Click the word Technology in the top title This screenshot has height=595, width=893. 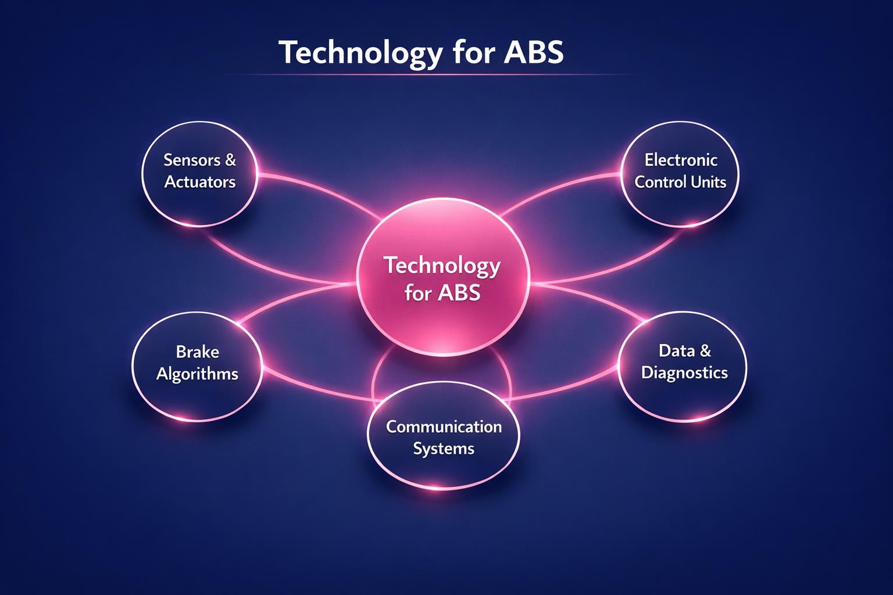(360, 53)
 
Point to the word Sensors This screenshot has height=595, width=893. (192, 160)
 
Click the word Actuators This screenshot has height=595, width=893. (200, 182)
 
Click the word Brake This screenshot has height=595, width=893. (197, 352)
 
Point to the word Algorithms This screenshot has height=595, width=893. (197, 374)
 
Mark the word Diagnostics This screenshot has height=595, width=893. (684, 372)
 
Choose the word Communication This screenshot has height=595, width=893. (444, 426)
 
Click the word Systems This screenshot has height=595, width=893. (444, 449)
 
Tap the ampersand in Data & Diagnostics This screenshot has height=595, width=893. (705, 350)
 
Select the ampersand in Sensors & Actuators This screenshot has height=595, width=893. (230, 160)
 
